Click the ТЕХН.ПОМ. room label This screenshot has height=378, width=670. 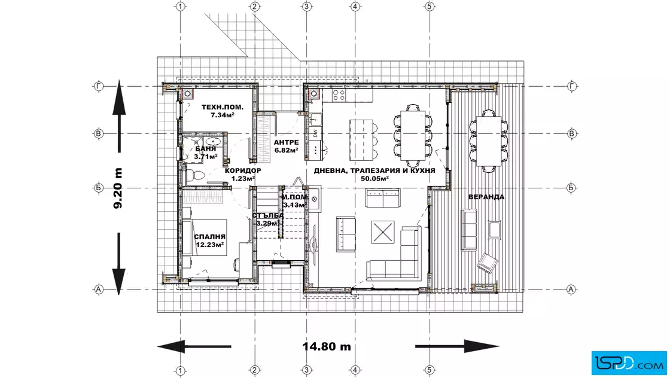point(222,107)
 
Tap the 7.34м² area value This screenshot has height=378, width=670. point(222,115)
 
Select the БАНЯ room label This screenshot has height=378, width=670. point(206,149)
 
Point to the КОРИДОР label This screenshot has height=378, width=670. point(243,170)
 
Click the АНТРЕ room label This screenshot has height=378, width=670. point(287,142)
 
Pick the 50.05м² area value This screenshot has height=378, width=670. point(374,179)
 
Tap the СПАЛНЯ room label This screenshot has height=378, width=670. point(210,237)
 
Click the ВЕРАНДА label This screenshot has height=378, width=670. point(486,197)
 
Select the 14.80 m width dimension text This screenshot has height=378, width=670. point(327,346)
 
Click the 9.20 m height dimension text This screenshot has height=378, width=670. point(118,188)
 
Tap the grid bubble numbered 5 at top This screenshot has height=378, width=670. point(430,7)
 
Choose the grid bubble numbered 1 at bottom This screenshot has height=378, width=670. point(180,370)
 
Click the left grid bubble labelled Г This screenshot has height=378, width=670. point(98,86)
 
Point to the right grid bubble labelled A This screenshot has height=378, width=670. point(571,289)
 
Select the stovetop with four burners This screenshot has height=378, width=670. point(339,95)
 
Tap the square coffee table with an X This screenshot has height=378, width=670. point(383,232)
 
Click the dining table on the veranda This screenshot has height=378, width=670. point(489,141)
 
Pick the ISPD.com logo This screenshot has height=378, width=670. point(629,363)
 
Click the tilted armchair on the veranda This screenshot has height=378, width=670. point(487,262)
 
